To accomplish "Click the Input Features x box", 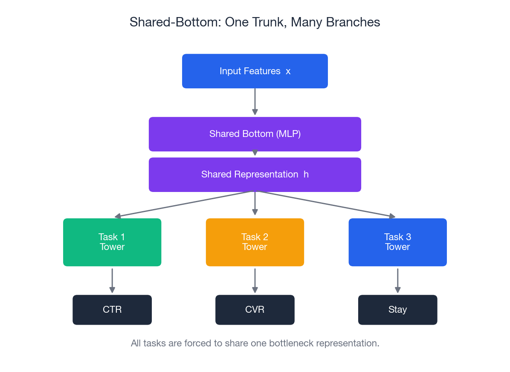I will pyautogui.click(x=255, y=71).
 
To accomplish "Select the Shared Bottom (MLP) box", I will pyautogui.click(x=255, y=134).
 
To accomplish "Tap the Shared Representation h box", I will pyautogui.click(x=255, y=174).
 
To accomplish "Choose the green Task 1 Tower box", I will pyautogui.click(x=112, y=242).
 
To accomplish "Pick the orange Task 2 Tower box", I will pyautogui.click(x=255, y=242).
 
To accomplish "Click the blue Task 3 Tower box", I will pyautogui.click(x=397, y=242).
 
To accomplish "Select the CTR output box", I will pyautogui.click(x=112, y=310).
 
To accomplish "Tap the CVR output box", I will pyautogui.click(x=255, y=310).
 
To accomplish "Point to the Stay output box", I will pyautogui.click(x=397, y=310).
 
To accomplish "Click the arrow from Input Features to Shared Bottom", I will pyautogui.click(x=255, y=102).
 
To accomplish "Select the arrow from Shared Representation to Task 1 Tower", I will pyautogui.click(x=183, y=204).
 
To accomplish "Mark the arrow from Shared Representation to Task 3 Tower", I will pyautogui.click(x=326, y=204).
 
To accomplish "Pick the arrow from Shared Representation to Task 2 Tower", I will pyautogui.click(x=255, y=203).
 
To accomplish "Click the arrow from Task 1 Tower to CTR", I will pyautogui.click(x=112, y=280).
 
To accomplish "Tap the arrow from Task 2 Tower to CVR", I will pyautogui.click(x=255, y=280).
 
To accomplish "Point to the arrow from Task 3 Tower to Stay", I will pyautogui.click(x=397, y=280).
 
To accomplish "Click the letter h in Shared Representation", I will pyautogui.click(x=306, y=174).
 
